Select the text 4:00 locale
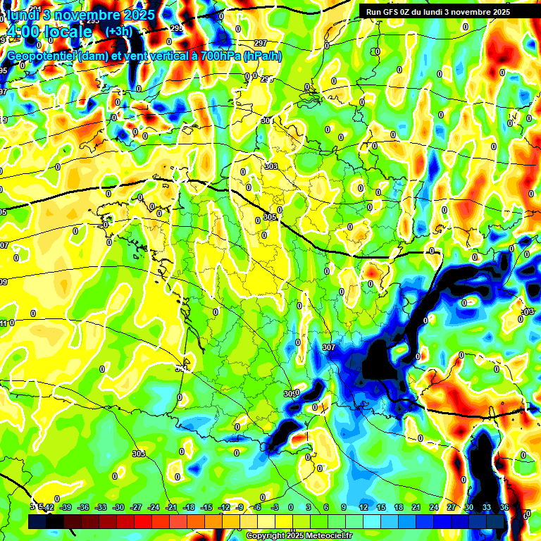(x=49, y=32)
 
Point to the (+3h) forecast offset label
(x=118, y=32)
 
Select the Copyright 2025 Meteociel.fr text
(x=299, y=535)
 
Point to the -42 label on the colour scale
(x=48, y=507)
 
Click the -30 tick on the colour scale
(x=118, y=507)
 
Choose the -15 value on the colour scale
(x=206, y=507)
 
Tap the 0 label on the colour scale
(x=291, y=507)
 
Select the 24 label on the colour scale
(x=433, y=507)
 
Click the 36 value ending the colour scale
(x=504, y=507)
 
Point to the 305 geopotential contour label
(x=270, y=217)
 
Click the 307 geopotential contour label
(x=328, y=347)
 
